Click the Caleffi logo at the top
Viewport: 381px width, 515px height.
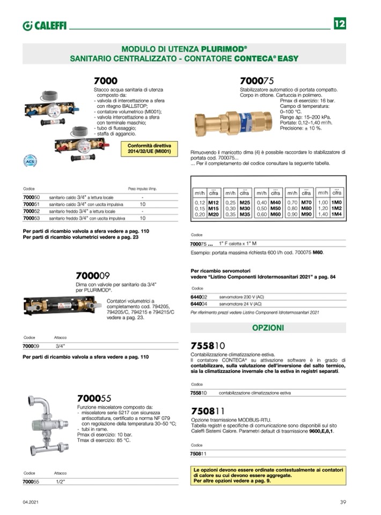click(x=45, y=25)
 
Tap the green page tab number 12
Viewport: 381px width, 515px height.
click(x=340, y=24)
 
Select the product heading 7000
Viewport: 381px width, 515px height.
click(x=105, y=81)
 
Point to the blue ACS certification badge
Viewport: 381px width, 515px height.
click(x=30, y=160)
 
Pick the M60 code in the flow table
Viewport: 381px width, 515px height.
click(x=276, y=214)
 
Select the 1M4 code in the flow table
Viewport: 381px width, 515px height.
click(x=336, y=214)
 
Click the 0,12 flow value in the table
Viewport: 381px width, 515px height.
click(x=200, y=202)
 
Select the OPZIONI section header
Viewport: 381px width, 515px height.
click(x=268, y=328)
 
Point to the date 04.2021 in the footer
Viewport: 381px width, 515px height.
click(x=30, y=502)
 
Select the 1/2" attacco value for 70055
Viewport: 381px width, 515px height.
click(x=60, y=482)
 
